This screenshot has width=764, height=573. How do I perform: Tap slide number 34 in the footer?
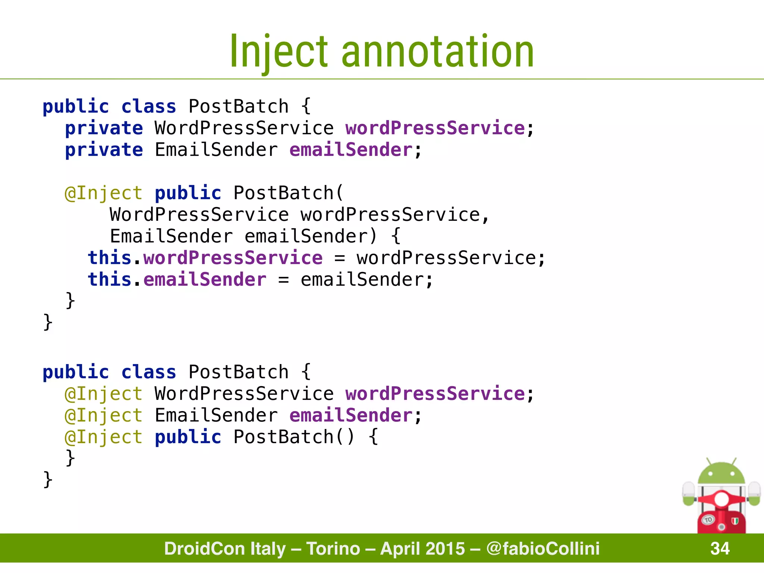click(x=720, y=548)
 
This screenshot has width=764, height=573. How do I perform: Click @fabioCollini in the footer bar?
click(x=543, y=548)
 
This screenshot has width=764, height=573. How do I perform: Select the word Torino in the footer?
click(x=333, y=548)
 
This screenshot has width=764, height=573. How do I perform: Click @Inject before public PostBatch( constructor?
click(x=104, y=193)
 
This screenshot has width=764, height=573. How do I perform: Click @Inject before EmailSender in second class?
click(x=104, y=416)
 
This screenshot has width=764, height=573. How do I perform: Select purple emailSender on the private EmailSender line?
click(x=351, y=150)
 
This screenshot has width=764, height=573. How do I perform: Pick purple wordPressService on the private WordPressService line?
click(x=435, y=128)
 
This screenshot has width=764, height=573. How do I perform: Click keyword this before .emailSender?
click(x=109, y=279)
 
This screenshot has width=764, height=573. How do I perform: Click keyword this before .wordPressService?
click(x=109, y=258)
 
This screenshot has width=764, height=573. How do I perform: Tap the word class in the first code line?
click(x=148, y=107)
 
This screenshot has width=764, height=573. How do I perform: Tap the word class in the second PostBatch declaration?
click(x=148, y=372)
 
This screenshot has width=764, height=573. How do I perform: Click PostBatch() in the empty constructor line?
click(x=294, y=437)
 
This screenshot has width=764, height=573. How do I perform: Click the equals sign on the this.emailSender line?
click(x=284, y=280)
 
